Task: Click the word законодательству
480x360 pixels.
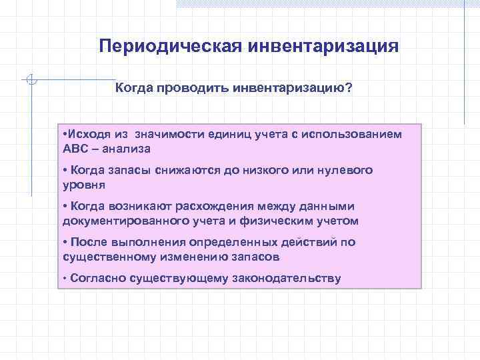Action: (x=286, y=278)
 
